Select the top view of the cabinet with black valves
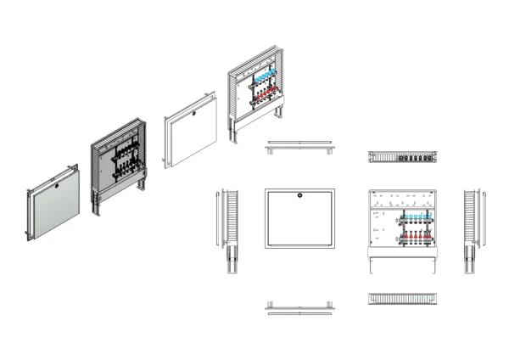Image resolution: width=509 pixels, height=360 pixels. [401, 157]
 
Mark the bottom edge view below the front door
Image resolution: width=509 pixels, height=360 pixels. [299, 307]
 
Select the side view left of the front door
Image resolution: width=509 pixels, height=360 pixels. [230, 229]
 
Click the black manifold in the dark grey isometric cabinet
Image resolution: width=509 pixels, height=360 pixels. [126, 158]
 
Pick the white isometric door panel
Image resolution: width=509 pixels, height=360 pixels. [192, 132]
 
